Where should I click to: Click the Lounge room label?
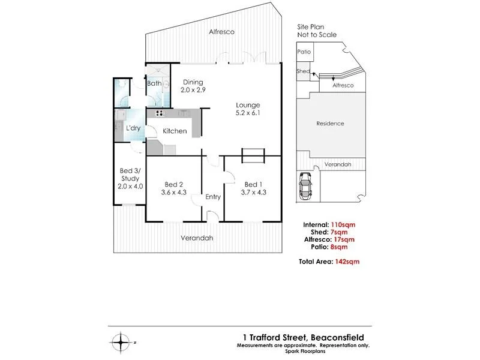(248, 105)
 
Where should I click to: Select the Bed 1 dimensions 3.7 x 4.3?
(253, 193)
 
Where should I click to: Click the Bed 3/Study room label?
(130, 174)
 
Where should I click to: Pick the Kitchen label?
(175, 131)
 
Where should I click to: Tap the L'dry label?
(133, 128)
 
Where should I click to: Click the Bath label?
(154, 84)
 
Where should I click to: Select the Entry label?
(213, 197)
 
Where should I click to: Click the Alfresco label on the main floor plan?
(221, 32)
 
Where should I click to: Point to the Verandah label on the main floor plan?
(197, 238)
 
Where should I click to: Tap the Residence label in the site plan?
(330, 124)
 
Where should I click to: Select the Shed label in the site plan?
(304, 71)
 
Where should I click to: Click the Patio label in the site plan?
(305, 52)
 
